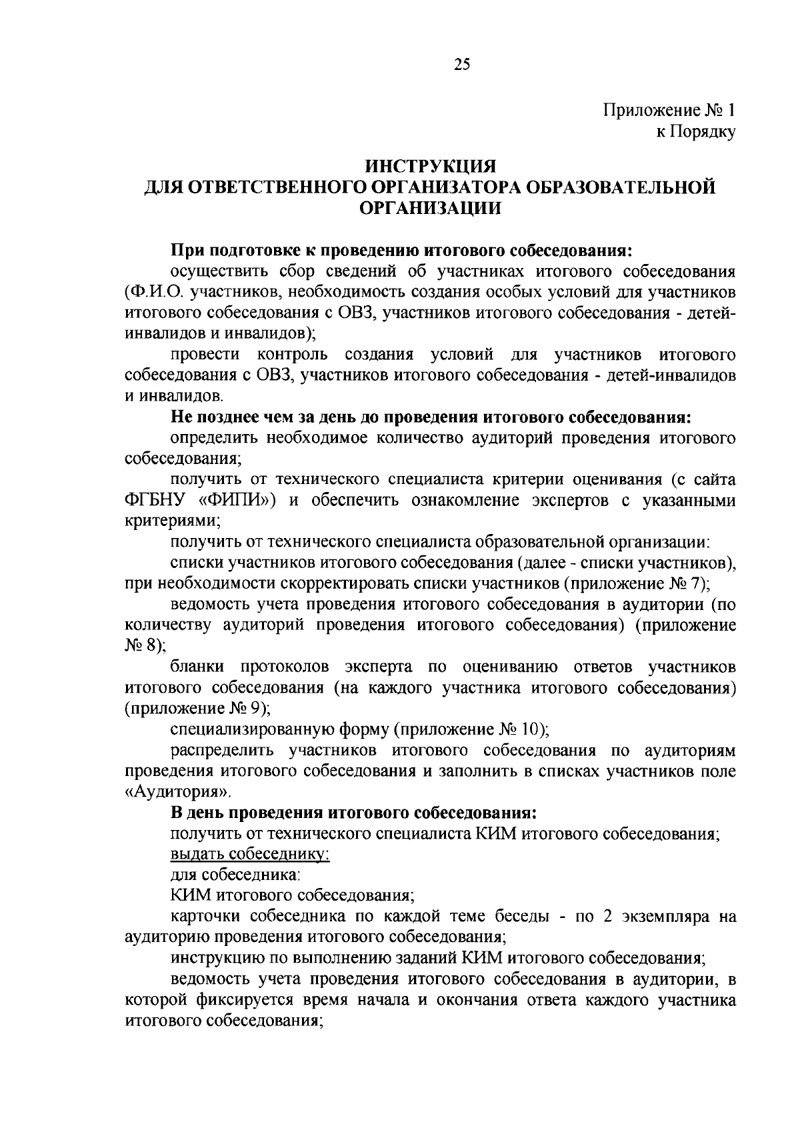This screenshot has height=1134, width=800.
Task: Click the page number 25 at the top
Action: click(x=462, y=64)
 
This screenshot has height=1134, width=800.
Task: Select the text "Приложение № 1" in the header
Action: click(x=669, y=111)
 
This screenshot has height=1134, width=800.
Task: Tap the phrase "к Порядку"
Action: click(x=696, y=132)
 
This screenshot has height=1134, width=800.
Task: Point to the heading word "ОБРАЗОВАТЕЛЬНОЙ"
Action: click(x=620, y=187)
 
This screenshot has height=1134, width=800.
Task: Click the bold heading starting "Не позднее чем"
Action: click(x=431, y=417)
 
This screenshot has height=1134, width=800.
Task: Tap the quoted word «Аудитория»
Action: click(x=178, y=793)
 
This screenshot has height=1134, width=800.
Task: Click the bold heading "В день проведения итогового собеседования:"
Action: click(x=353, y=813)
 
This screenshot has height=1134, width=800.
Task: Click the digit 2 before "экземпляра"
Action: click(x=607, y=917)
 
